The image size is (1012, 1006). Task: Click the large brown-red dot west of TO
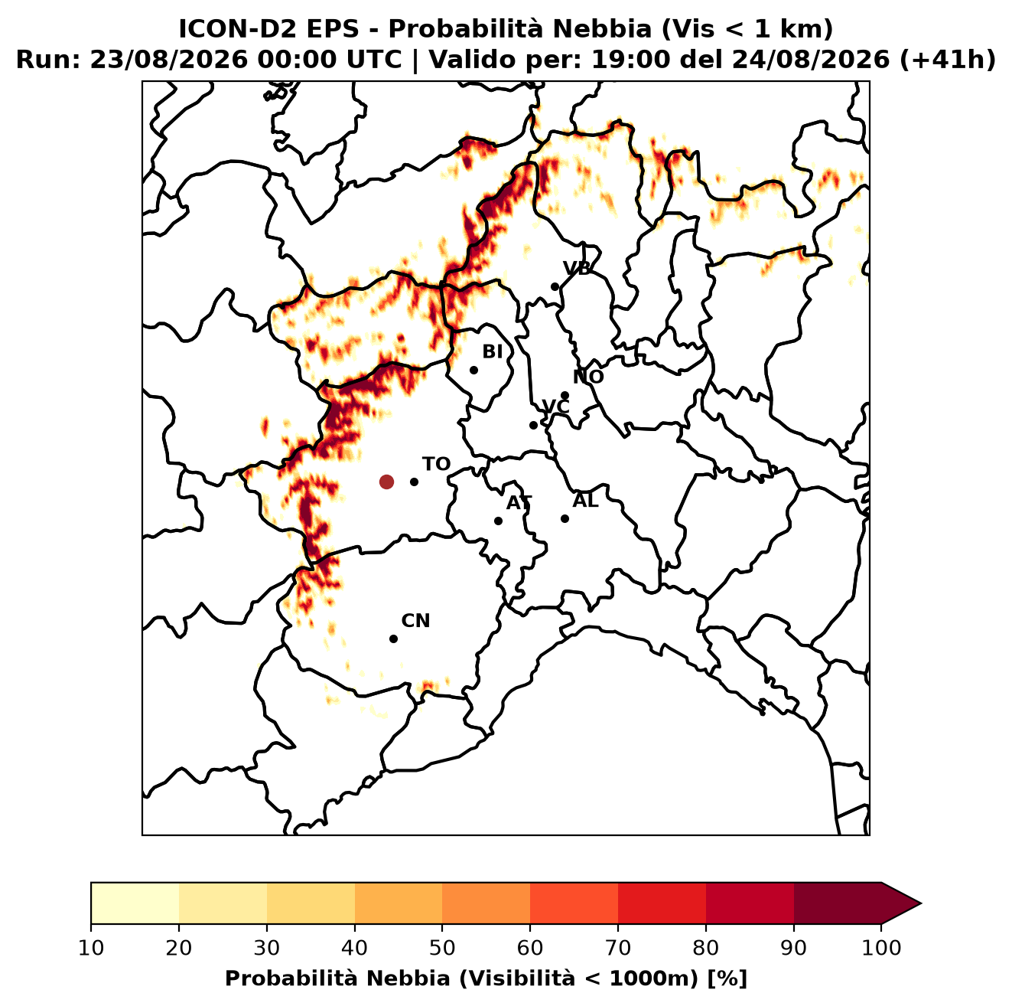[386, 482]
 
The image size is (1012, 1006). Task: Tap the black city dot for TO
[414, 482]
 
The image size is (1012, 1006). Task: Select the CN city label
[415, 621]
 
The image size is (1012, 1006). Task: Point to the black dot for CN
[393, 639]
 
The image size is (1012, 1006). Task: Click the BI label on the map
[492, 352]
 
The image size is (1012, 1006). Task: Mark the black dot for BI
[473, 371]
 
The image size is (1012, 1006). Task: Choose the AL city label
[585, 501]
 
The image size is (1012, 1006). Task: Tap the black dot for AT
[498, 521]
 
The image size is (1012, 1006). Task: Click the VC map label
[555, 407]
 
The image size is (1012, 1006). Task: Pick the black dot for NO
[565, 396]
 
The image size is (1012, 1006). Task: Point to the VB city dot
[555, 286]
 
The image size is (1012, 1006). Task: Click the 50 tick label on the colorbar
[442, 948]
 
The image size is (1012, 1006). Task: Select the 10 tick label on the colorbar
[91, 948]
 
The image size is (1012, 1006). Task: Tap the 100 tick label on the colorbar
[881, 948]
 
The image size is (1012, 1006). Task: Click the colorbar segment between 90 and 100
[838, 903]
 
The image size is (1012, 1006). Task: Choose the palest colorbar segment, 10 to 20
[135, 903]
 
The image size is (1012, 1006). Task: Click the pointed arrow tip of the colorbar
[921, 903]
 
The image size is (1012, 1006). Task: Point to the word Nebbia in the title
[602, 29]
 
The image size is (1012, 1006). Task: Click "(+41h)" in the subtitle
[947, 60]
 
